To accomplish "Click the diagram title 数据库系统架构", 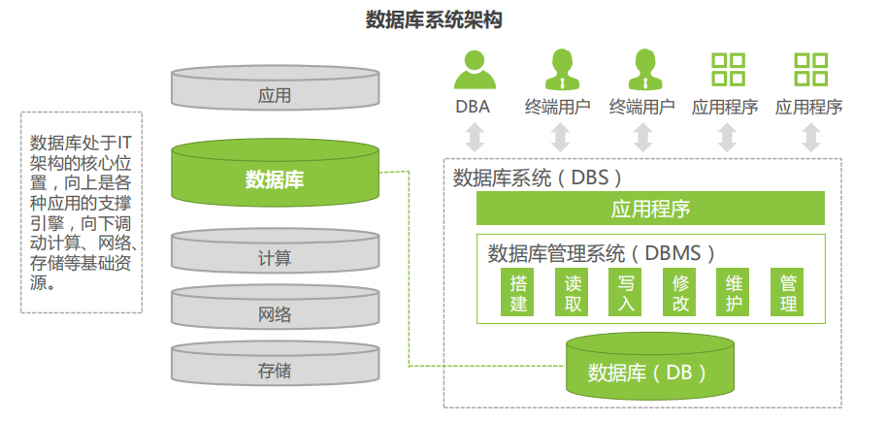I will coord(434,19).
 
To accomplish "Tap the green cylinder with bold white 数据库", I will coord(275,178).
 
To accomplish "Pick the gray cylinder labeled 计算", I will coord(275,257).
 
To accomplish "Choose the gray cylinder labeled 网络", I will coord(275,312).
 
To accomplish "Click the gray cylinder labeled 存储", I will coord(275,369).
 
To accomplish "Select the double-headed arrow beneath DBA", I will coord(474,137).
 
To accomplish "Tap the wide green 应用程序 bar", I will coord(649,209).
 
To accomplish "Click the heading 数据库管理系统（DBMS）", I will coord(602,254).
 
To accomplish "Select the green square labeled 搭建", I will coord(518,292).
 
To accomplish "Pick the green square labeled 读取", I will coord(573,292).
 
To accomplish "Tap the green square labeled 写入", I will coord(627,292).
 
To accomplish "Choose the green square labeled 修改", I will coord(681,292).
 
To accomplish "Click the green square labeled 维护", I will coord(735,292).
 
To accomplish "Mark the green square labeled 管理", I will coord(789,292).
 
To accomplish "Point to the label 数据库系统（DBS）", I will coord(537,178).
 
